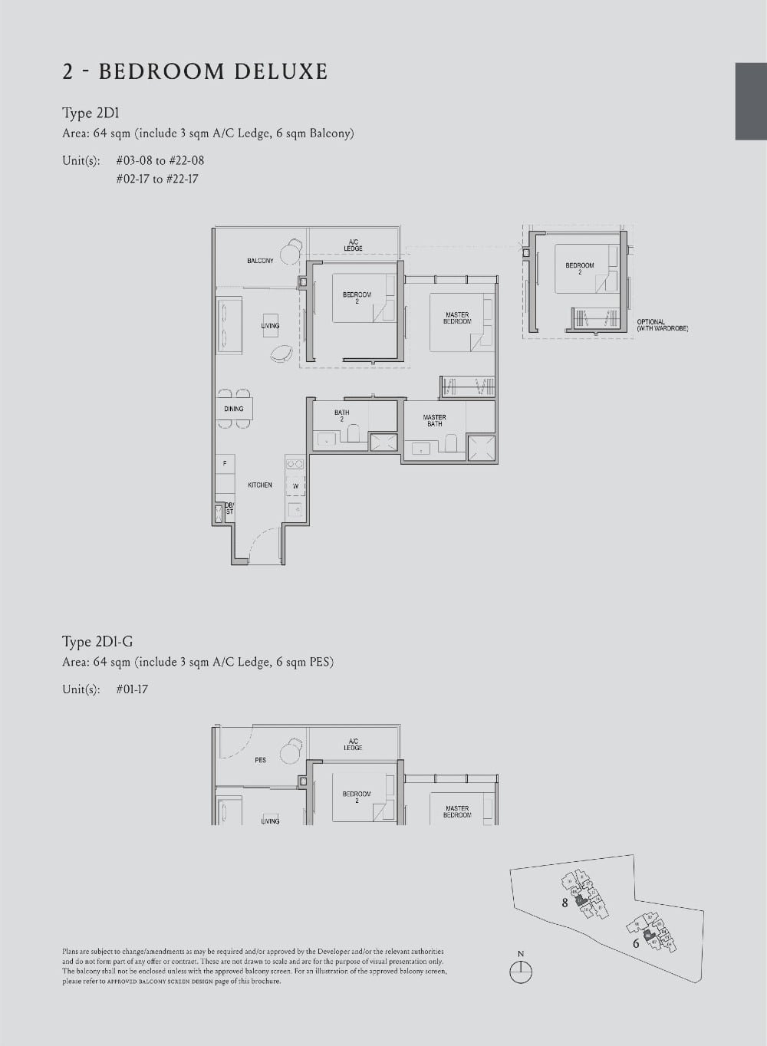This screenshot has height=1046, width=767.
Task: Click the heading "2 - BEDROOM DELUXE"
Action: (195, 72)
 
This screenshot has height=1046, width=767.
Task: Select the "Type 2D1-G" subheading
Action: (97, 642)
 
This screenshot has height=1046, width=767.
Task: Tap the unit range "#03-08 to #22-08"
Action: (160, 160)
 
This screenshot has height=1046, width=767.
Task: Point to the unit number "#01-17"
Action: (132, 689)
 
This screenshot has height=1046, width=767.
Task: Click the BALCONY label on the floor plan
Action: (260, 261)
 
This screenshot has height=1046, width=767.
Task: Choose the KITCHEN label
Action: (260, 485)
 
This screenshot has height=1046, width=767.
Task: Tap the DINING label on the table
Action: (234, 409)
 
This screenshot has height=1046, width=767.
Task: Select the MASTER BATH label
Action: (435, 420)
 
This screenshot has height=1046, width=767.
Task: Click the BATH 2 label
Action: (341, 415)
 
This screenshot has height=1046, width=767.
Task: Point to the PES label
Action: (261, 760)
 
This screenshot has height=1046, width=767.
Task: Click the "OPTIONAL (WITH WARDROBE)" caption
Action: (662, 325)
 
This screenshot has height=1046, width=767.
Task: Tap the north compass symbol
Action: (521, 971)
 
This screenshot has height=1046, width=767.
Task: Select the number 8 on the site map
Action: (565, 903)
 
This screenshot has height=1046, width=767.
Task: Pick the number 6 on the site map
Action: (636, 943)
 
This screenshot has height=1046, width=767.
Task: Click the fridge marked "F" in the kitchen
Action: (225, 464)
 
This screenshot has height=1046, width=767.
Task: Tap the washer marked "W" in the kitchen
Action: (295, 486)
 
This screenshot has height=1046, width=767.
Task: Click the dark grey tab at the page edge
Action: (751, 101)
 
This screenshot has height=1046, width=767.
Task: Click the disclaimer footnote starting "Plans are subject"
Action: (254, 965)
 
